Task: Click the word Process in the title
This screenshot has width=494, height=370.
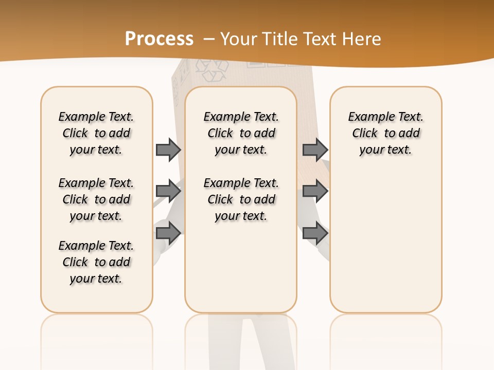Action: (159, 39)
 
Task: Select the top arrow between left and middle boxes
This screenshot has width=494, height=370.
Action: (168, 150)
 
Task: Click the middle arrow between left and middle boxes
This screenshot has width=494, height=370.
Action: (168, 191)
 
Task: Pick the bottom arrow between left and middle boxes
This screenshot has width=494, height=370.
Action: (168, 233)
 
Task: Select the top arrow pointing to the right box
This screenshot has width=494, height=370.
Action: (315, 150)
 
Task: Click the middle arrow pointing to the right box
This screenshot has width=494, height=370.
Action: (315, 191)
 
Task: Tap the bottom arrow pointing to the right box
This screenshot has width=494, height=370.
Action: (315, 233)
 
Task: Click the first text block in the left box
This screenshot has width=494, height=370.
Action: (96, 133)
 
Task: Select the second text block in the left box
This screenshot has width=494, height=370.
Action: (96, 199)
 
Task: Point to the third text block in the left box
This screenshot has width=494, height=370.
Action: (96, 262)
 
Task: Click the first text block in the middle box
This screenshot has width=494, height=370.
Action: (241, 133)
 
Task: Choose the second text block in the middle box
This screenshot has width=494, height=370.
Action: (241, 199)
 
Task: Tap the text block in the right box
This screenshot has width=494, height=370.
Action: (385, 133)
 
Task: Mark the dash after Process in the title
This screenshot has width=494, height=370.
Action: (209, 39)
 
